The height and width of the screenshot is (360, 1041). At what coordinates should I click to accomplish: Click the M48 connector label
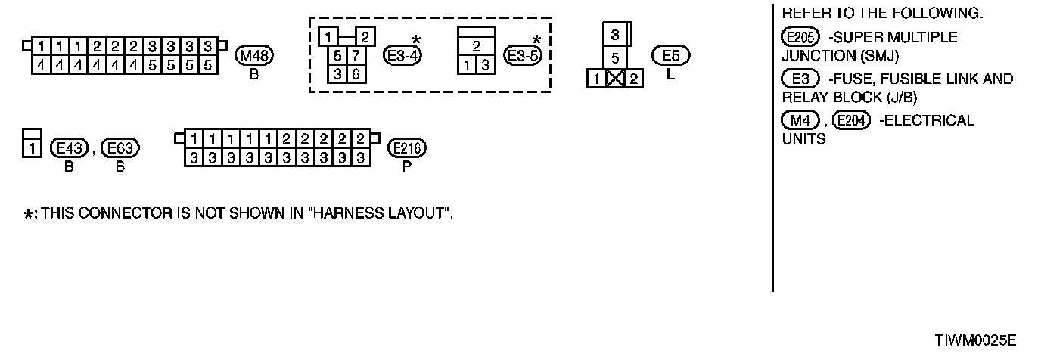[254, 55]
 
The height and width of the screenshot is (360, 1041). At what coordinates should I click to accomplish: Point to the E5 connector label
[670, 55]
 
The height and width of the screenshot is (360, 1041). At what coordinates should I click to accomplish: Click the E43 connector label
[69, 148]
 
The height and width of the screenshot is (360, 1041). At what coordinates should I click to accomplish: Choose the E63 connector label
[120, 148]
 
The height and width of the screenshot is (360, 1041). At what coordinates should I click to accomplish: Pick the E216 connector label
[407, 148]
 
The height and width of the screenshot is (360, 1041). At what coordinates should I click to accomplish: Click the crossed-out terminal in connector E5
[615, 78]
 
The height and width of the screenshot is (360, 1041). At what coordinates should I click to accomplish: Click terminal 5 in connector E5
[615, 58]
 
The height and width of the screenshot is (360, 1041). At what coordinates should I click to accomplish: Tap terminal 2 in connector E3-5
[477, 47]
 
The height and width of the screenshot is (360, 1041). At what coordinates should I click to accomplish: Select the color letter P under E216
[407, 167]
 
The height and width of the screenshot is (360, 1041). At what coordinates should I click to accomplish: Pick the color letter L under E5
[670, 75]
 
